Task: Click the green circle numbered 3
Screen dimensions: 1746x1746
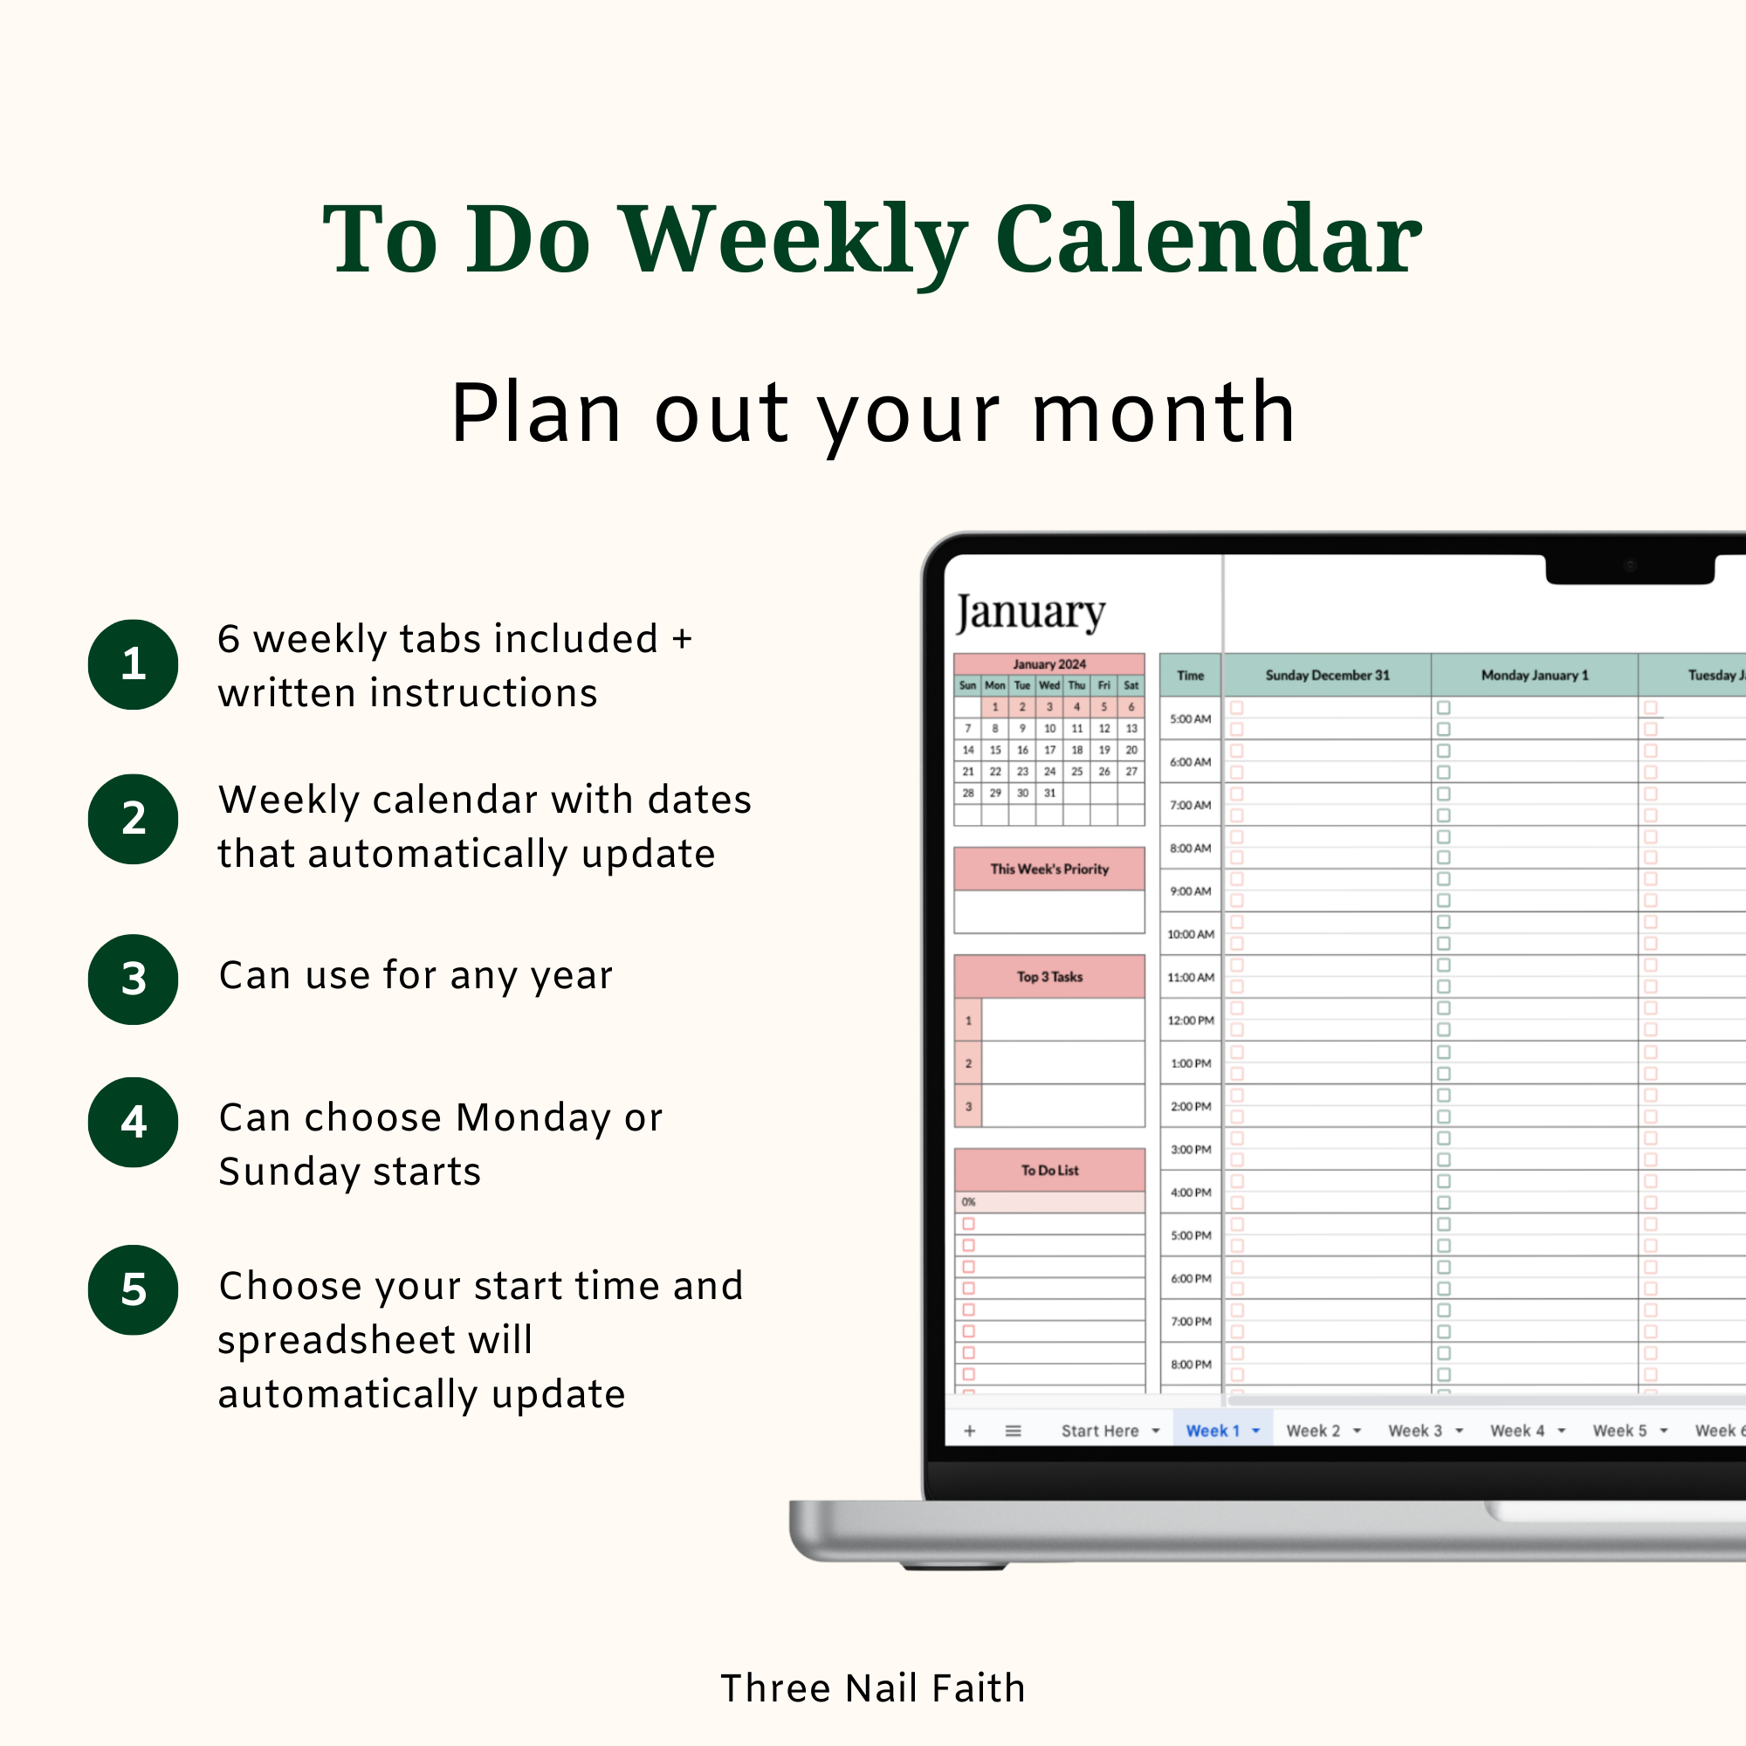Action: click(x=133, y=979)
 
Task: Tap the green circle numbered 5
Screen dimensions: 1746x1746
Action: click(x=133, y=1289)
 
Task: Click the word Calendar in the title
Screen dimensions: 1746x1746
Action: click(x=1208, y=238)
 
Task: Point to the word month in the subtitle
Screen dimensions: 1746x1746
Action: click(x=1164, y=413)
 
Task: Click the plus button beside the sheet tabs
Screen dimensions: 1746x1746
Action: click(x=970, y=1431)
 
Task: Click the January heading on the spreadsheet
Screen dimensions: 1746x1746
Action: click(x=1030, y=613)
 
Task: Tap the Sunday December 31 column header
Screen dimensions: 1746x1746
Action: click(x=1327, y=675)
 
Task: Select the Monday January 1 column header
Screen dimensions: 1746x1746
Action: click(x=1534, y=675)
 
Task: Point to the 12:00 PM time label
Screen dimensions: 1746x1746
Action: click(x=1190, y=1021)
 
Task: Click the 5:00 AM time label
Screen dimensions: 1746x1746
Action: click(x=1190, y=719)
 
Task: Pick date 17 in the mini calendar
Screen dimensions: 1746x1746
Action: click(x=1049, y=750)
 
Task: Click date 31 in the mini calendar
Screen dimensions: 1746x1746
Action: click(x=1049, y=794)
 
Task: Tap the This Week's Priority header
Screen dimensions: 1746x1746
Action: click(x=1049, y=870)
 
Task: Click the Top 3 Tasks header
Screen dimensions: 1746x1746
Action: click(x=1049, y=977)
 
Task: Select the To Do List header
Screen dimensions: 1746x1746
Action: click(x=1049, y=1171)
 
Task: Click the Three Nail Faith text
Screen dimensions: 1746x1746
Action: click(x=873, y=1688)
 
